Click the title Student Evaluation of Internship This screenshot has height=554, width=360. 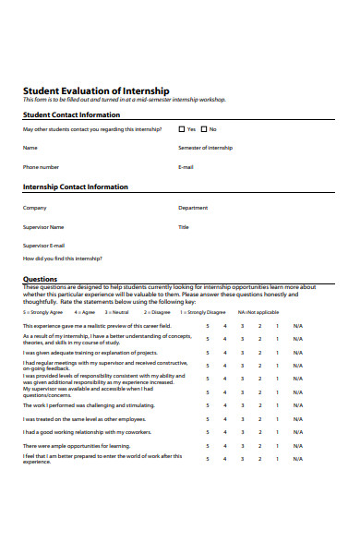[96, 90]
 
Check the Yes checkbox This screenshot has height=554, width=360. [181, 129]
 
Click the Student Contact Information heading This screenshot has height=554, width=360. [71, 114]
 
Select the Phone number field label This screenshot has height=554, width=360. [41, 167]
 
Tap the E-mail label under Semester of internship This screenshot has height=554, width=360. [186, 167]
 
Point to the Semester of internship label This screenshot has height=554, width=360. [205, 148]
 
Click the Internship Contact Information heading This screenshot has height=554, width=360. [75, 187]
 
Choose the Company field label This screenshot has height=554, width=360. [34, 208]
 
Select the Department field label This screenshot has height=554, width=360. [193, 208]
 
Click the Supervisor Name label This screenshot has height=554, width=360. [43, 226]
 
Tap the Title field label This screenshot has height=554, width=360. [183, 226]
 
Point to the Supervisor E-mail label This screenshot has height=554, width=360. [43, 245]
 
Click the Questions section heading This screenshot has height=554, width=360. [40, 278]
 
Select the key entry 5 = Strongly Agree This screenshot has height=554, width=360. [42, 313]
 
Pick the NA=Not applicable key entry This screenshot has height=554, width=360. [258, 313]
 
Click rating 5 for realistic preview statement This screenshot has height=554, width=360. [208, 326]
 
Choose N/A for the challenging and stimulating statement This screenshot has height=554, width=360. [297, 405]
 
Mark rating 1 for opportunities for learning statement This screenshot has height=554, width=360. [276, 445]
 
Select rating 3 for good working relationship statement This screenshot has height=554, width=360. [242, 432]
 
